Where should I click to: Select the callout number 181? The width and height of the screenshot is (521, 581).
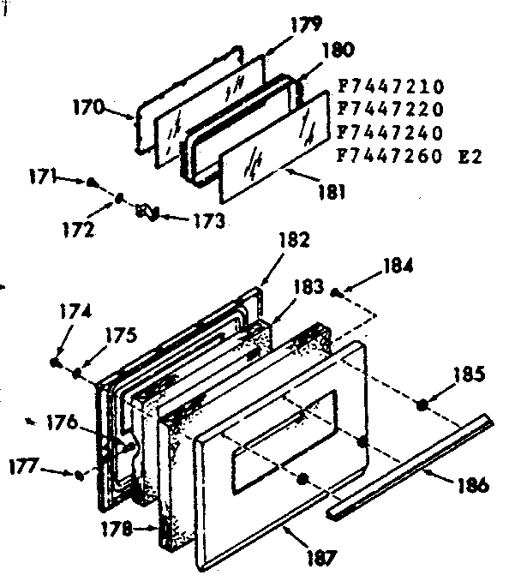330,194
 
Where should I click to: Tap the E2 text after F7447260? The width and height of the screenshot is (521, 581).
471,157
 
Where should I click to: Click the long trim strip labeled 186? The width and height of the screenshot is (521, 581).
411,467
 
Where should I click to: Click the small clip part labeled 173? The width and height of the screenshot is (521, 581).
146,210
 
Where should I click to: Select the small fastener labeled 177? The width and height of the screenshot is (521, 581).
79,474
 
